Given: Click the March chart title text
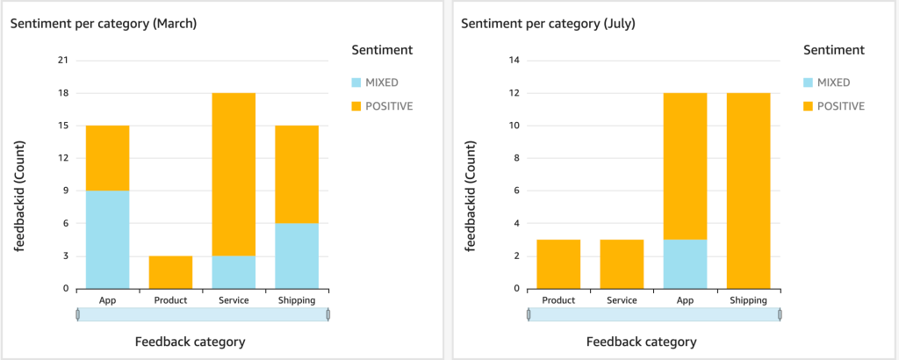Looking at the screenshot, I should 103,24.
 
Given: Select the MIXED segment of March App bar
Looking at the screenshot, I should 107,239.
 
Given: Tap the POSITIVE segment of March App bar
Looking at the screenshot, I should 107,158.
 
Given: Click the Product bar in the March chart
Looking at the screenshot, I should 170,272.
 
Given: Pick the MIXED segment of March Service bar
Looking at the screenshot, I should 234,272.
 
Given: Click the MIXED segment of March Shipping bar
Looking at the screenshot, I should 297,256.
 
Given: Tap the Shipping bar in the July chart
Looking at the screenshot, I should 749,191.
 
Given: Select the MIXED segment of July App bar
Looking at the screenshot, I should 685,264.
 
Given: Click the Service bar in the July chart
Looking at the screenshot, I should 622,264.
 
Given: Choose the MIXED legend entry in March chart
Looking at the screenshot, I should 381,83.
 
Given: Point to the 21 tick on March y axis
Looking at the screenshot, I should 62,61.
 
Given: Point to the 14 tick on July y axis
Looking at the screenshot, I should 514,61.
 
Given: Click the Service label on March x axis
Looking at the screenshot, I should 234,300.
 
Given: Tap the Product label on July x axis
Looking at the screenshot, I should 558,300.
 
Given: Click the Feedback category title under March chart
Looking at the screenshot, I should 190,342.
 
